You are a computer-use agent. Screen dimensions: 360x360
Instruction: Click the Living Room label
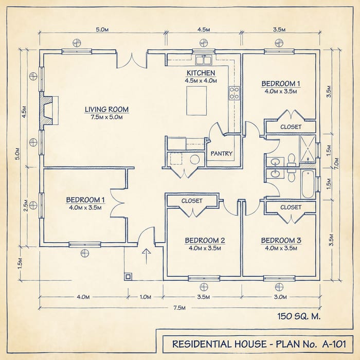(x=107, y=110)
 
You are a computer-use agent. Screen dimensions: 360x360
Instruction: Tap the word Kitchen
(x=201, y=73)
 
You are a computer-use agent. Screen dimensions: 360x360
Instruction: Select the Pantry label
(x=222, y=153)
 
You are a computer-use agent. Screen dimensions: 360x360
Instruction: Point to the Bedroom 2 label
(x=205, y=240)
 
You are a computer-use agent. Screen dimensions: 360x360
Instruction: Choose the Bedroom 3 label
(x=281, y=240)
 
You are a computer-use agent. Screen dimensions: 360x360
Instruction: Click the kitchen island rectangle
(x=196, y=101)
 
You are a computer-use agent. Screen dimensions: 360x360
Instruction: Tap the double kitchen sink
(x=204, y=60)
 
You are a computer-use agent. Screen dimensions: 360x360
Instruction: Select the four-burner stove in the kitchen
(x=234, y=93)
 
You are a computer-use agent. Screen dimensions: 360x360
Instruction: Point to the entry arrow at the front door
(x=146, y=257)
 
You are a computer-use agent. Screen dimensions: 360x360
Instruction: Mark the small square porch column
(x=128, y=277)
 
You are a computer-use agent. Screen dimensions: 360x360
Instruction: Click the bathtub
(x=308, y=184)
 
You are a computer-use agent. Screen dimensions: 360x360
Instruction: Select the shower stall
(x=308, y=149)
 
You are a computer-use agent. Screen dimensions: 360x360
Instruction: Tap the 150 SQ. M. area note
(x=299, y=316)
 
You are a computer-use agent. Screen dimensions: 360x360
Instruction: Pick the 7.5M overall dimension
(x=179, y=308)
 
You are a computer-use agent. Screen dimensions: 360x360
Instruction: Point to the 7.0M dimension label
(x=336, y=164)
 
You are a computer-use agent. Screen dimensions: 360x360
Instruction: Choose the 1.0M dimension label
(x=146, y=297)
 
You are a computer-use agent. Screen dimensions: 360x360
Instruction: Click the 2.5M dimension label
(x=26, y=206)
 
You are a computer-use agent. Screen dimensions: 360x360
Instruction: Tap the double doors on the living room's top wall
(x=132, y=60)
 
